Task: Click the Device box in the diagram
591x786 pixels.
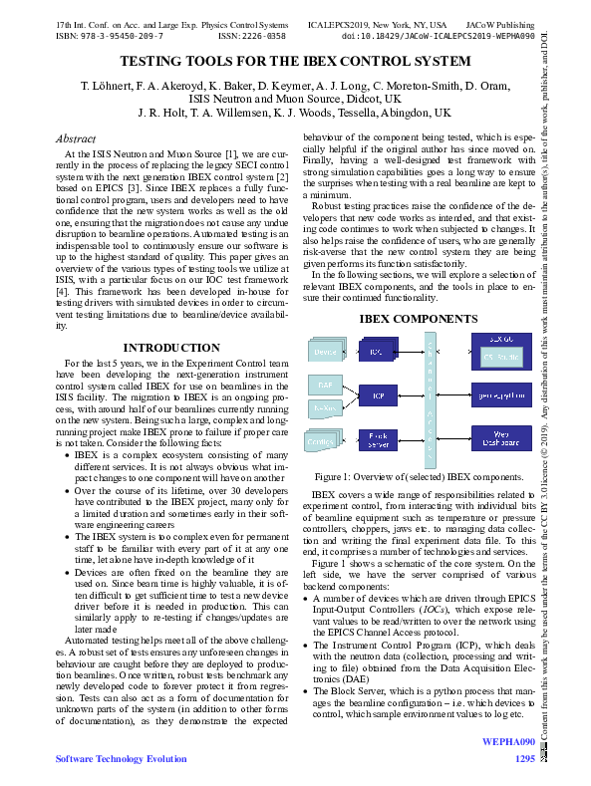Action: coord(326,353)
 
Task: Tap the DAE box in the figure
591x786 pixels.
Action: coord(325,385)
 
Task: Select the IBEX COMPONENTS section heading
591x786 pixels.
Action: coord(418,319)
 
